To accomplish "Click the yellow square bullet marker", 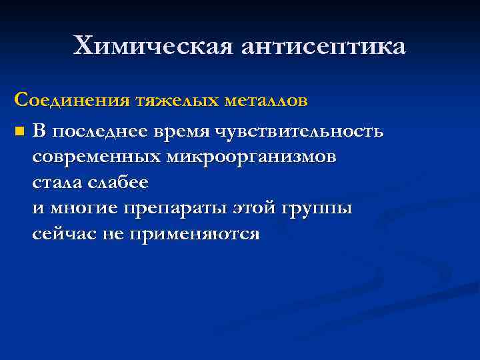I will [19, 131].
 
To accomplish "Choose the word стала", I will [56, 182].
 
